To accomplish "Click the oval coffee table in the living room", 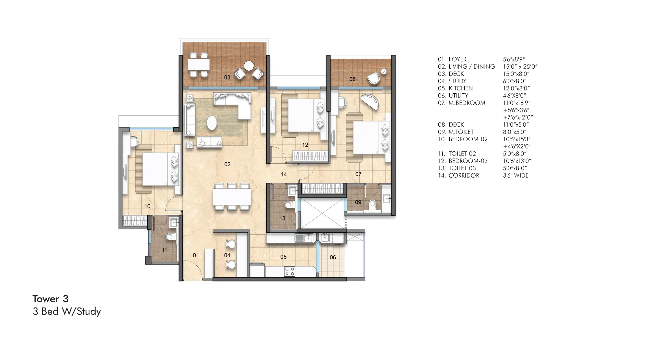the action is click(212, 123).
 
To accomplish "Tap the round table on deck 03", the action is click(249, 66).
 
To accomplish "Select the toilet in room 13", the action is click(289, 205).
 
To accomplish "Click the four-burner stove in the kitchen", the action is click(290, 272).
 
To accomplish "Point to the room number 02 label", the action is click(227, 164).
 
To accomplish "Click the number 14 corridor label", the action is click(284, 174).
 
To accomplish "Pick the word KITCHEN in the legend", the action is click(461, 88).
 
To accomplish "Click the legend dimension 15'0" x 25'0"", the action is click(520, 66).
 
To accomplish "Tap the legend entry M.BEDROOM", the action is click(467, 103).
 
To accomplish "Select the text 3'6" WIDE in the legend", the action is click(515, 175).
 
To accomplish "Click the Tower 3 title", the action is click(51, 299).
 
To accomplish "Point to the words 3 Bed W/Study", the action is click(67, 311).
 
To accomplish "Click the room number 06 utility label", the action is click(333, 257).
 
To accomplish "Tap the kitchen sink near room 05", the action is click(304, 238).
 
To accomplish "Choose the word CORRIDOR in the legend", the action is click(464, 175).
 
